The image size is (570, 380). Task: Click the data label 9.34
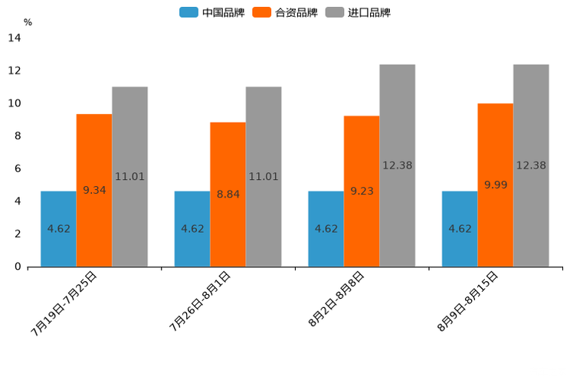point(94,190)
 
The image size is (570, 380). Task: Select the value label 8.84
point(228,195)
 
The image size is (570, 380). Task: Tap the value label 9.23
point(362,191)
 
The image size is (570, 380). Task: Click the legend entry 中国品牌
point(212,12)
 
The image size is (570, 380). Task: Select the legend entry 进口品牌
point(358,12)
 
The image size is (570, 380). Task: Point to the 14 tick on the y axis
point(15,38)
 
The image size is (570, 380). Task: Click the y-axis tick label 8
point(18,136)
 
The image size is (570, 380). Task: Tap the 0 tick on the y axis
point(18,267)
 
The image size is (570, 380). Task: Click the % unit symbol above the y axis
point(28,22)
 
